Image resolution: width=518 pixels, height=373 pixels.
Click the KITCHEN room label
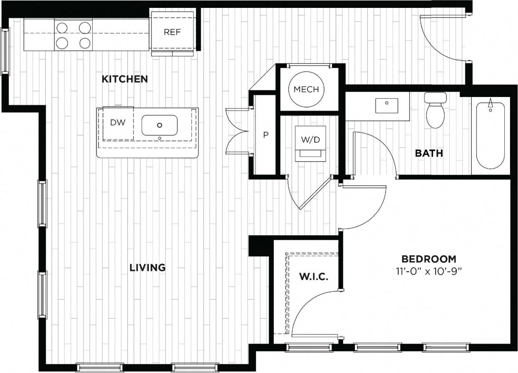(x=125, y=79)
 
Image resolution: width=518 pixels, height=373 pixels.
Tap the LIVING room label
(x=148, y=267)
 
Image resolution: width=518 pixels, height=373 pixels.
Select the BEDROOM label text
(x=429, y=259)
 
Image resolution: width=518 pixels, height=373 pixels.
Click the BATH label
(x=429, y=153)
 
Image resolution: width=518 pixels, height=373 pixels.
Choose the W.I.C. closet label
(x=314, y=276)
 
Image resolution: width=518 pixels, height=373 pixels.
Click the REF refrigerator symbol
(x=172, y=32)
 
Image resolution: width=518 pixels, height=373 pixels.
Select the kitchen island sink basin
(x=159, y=125)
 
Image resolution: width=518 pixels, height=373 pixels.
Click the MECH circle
(x=306, y=89)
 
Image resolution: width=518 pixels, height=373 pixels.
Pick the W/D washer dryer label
(x=310, y=140)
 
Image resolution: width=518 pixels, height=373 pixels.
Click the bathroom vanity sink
(x=387, y=105)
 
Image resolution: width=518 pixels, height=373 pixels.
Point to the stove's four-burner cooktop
(x=74, y=35)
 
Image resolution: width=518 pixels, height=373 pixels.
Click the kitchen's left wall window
(x=5, y=51)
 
